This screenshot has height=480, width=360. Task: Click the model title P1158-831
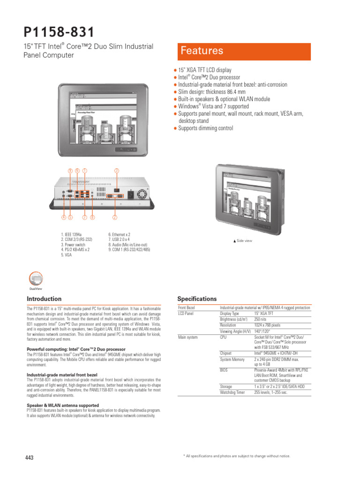pos(59,32)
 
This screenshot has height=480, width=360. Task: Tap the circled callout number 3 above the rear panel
pos(117,171)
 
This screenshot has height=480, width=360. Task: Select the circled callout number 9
pos(70,171)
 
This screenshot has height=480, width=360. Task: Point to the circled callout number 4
pos(63,217)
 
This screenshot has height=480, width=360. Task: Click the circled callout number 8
pos(92,217)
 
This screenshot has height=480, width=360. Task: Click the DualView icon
pos(36,279)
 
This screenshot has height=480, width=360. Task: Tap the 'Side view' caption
pos(243,240)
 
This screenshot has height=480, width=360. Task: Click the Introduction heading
pos(44,299)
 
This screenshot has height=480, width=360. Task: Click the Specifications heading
pos(197,299)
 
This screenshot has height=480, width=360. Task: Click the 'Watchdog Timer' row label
pos(232,392)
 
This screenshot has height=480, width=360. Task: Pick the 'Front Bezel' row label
pos(186,307)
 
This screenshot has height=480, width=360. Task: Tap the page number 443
pos(29,457)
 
